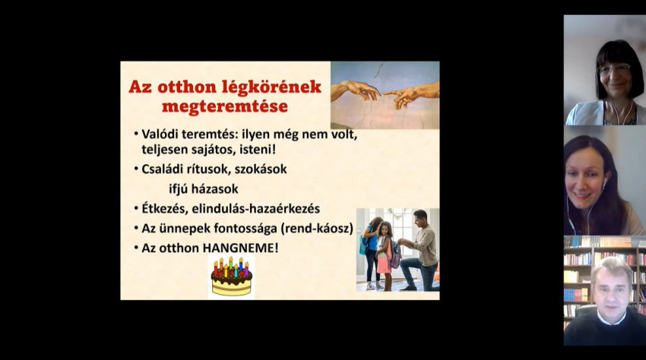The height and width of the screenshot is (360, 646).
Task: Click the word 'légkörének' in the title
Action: tap(271, 87)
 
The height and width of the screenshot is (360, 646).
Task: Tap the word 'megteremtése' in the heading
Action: tap(225, 106)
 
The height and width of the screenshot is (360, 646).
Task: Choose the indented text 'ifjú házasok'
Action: tap(204, 189)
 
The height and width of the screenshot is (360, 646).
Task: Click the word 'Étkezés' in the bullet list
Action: tap(164, 208)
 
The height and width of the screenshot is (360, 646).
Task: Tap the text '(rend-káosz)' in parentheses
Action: tap(317, 229)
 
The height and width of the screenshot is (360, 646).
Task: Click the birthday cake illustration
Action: tap(232, 276)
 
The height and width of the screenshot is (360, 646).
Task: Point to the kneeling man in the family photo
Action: tap(419, 250)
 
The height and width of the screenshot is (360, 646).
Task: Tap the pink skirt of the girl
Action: tap(384, 264)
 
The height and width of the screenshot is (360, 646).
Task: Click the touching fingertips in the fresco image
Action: tap(382, 93)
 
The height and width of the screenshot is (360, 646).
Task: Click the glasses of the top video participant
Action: tap(614, 69)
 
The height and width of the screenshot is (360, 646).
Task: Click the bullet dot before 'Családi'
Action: tap(136, 169)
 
